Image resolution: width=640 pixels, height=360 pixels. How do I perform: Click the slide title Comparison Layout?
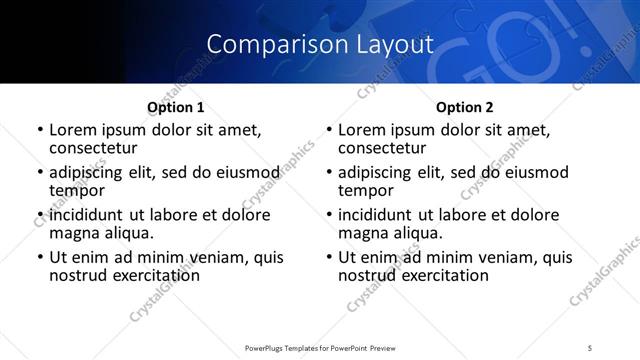[x=319, y=44]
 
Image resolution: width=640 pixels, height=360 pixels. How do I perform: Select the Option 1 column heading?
[x=175, y=107]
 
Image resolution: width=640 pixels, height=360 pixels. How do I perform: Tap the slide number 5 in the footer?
[x=590, y=347]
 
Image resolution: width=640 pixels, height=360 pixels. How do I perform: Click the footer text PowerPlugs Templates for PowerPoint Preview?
[x=319, y=347]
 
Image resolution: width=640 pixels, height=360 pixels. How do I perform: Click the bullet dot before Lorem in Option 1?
[x=39, y=131]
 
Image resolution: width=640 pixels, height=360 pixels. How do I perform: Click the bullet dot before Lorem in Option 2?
[x=328, y=131]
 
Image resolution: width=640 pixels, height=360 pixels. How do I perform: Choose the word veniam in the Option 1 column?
[x=222, y=257]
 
